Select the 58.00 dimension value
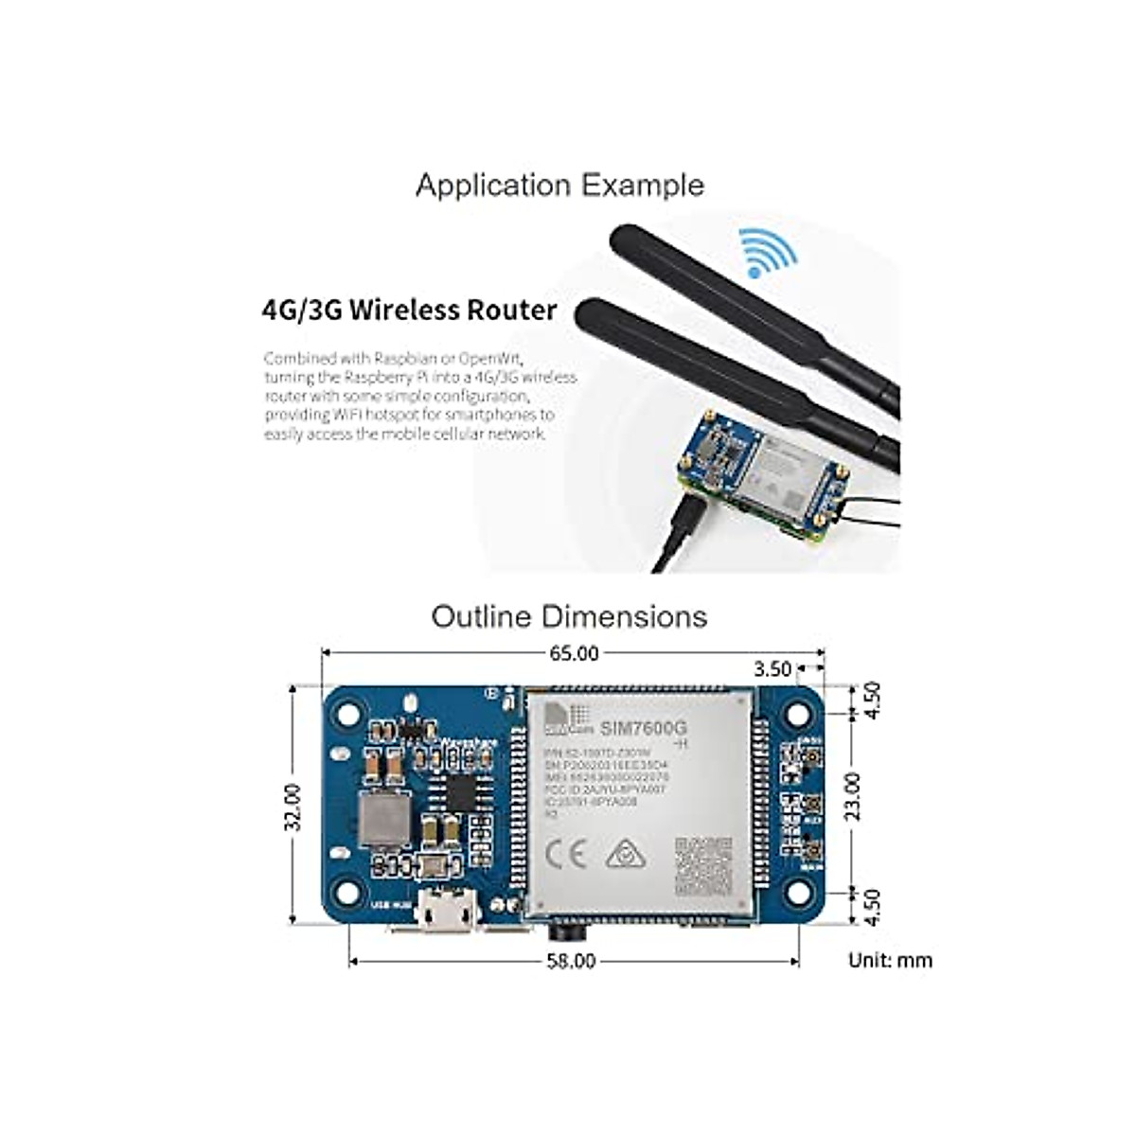[x=572, y=962]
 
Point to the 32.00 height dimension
[x=294, y=807]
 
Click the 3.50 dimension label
[x=772, y=669]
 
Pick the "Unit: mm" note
[x=890, y=961]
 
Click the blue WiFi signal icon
[x=769, y=253]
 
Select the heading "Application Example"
[x=559, y=185]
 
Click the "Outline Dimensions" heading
[x=569, y=616]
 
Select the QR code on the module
[x=703, y=867]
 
